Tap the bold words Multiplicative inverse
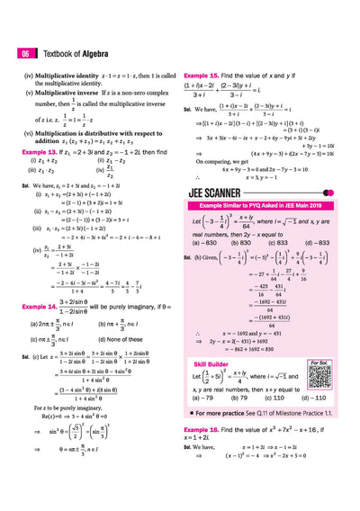click(x=66, y=94)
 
